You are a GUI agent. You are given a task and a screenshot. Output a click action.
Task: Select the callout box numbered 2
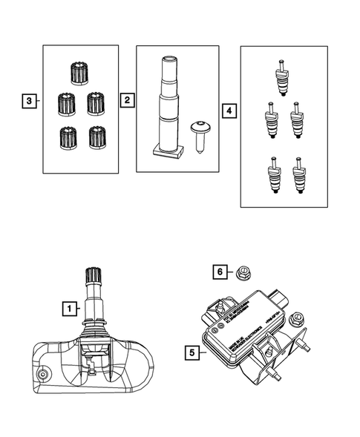point(128,99)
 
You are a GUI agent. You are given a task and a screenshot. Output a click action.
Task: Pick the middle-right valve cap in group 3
point(94,103)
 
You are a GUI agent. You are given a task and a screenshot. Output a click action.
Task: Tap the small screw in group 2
point(198,135)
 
